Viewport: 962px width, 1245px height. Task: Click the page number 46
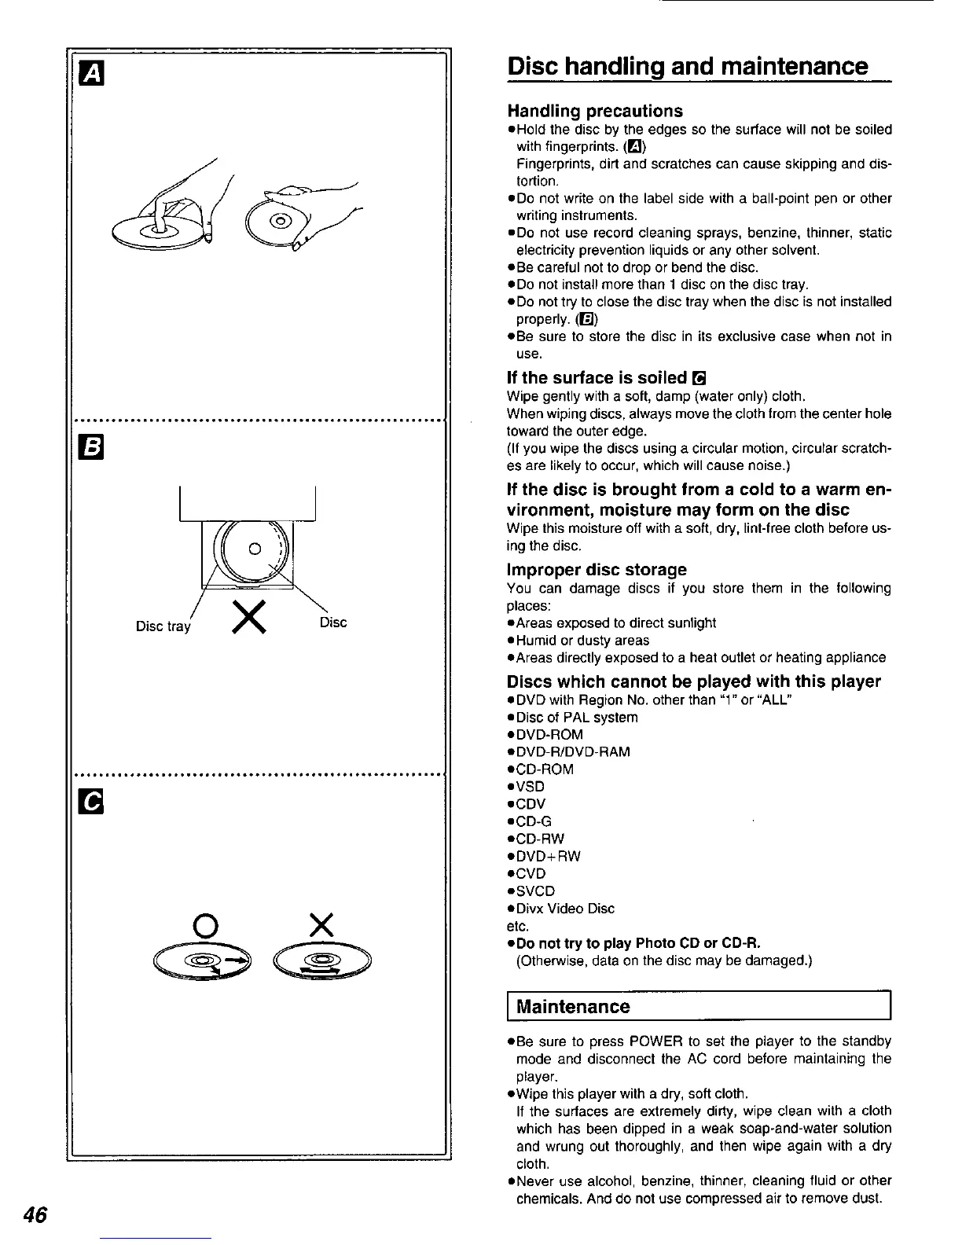[35, 1214]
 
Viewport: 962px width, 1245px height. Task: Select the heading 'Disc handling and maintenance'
[688, 66]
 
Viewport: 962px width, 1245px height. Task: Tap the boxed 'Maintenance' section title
[573, 1007]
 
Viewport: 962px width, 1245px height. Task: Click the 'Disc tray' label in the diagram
[163, 626]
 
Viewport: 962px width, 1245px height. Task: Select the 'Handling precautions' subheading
[595, 111]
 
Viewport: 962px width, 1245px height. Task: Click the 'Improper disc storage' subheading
[597, 569]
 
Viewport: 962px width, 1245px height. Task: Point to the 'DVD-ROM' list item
[549, 735]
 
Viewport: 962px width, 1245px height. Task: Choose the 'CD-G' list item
[534, 821]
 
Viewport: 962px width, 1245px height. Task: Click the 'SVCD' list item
[535, 891]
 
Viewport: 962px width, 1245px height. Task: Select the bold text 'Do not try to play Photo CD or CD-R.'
[638, 942]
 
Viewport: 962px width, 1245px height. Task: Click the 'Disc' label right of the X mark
[333, 622]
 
